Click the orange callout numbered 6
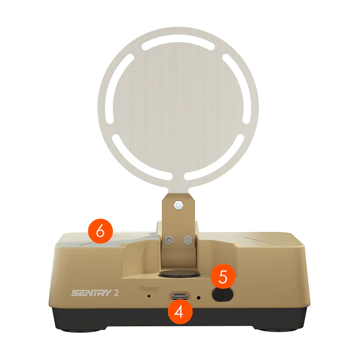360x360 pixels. click(x=100, y=231)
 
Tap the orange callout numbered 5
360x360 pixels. click(x=223, y=277)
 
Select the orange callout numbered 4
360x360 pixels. click(x=180, y=312)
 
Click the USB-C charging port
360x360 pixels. click(x=180, y=296)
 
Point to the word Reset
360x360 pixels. click(x=148, y=288)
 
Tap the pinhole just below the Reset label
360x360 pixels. click(x=149, y=296)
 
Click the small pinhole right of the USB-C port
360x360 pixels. click(x=199, y=298)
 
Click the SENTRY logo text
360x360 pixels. click(x=92, y=293)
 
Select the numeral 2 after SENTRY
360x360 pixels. click(x=116, y=293)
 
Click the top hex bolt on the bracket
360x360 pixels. click(x=179, y=205)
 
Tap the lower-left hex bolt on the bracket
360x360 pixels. click(x=169, y=240)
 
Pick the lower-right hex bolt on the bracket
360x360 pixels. click(x=188, y=240)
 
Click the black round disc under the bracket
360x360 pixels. click(x=180, y=274)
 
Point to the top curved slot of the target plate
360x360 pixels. click(x=178, y=42)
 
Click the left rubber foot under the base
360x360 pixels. click(x=81, y=330)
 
